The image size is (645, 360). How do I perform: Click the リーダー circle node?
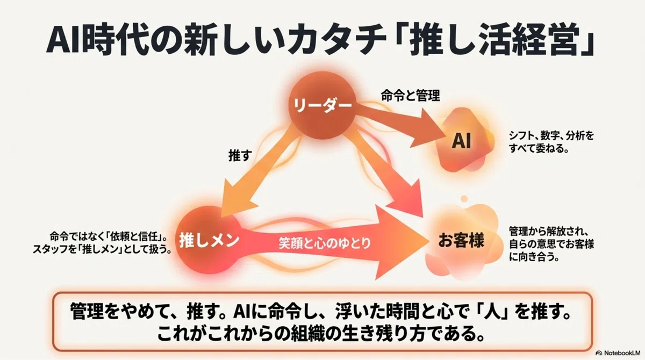click(x=322, y=105)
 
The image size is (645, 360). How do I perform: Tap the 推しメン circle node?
click(x=209, y=240)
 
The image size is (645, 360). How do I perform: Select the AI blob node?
click(x=462, y=140)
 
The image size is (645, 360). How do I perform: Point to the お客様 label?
click(x=461, y=241)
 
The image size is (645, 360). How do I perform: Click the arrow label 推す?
click(x=240, y=155)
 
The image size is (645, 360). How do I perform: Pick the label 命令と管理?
click(x=410, y=95)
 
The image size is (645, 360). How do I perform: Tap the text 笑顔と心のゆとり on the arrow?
click(x=325, y=243)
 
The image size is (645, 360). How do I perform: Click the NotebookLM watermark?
click(x=618, y=353)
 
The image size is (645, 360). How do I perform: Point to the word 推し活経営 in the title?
click(x=493, y=41)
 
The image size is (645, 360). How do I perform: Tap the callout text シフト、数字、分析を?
click(x=551, y=135)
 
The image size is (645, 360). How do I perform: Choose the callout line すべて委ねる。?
click(x=539, y=148)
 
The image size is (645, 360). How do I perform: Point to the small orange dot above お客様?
click(x=464, y=199)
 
